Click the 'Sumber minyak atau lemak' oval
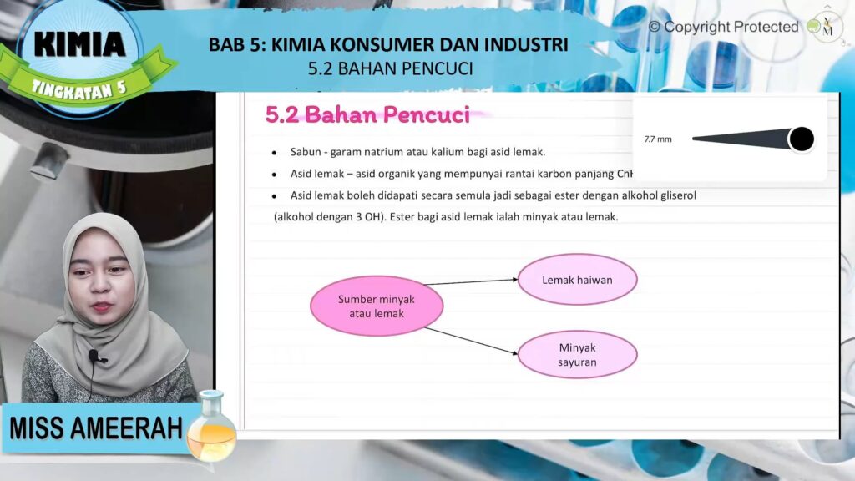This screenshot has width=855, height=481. (x=377, y=306)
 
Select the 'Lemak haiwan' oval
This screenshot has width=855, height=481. (x=578, y=280)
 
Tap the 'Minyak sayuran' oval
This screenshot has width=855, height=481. (x=578, y=354)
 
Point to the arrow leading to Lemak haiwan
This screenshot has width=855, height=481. (x=471, y=282)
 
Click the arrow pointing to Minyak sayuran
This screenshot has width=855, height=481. (x=471, y=341)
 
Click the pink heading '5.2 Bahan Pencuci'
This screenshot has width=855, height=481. (x=367, y=115)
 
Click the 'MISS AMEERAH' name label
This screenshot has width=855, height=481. (x=96, y=428)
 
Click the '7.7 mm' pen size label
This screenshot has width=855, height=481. (x=658, y=139)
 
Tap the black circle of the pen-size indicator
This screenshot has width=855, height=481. (x=801, y=139)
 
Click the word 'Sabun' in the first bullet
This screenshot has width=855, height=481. (x=306, y=152)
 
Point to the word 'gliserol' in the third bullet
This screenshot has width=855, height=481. (x=678, y=195)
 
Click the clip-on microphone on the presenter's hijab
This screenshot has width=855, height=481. (x=95, y=357)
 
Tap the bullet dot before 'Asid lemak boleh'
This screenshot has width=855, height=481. (x=274, y=196)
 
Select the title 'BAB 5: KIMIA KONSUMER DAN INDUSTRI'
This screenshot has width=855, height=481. (x=388, y=45)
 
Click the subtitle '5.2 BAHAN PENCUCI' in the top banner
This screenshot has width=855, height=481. (x=391, y=68)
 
